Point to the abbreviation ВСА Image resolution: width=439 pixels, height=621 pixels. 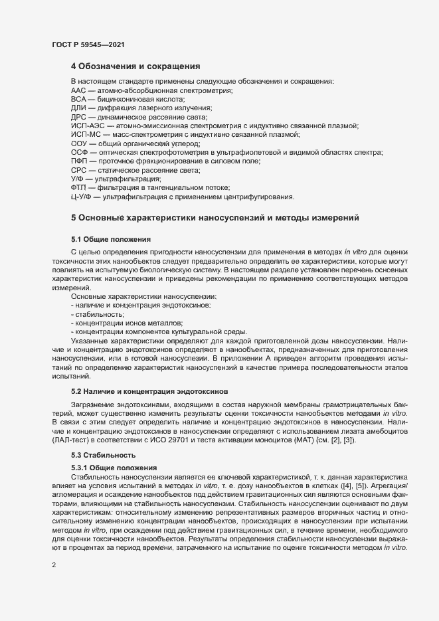click(x=78, y=99)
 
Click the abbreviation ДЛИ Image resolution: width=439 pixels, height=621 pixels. click(x=78, y=108)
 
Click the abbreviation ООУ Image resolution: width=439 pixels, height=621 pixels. click(x=78, y=143)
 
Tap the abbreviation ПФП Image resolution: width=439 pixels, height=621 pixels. click(x=78, y=161)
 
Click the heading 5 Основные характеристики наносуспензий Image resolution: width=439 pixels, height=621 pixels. click(x=215, y=217)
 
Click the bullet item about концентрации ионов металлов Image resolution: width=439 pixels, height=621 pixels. click(x=126, y=323)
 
